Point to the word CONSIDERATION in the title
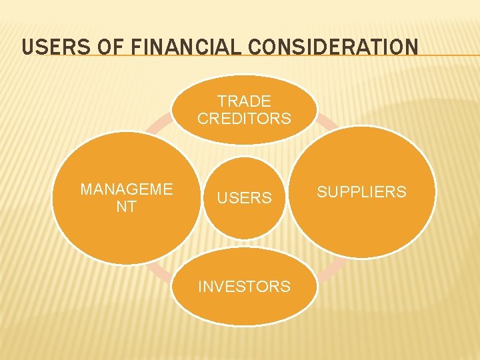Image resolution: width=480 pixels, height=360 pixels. click(x=334, y=47)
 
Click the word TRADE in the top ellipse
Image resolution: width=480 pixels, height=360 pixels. click(x=244, y=101)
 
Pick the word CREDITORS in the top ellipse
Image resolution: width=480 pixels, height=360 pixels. click(x=244, y=119)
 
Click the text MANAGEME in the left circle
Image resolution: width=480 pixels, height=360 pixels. click(x=126, y=189)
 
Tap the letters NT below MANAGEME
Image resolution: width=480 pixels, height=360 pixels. click(x=126, y=207)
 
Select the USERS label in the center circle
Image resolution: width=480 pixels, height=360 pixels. click(x=244, y=198)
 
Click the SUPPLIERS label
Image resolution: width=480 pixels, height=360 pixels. click(x=361, y=192)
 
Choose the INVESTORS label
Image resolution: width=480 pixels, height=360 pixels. click(x=244, y=287)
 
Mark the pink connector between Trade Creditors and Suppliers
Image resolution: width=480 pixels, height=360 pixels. click(x=327, y=121)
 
